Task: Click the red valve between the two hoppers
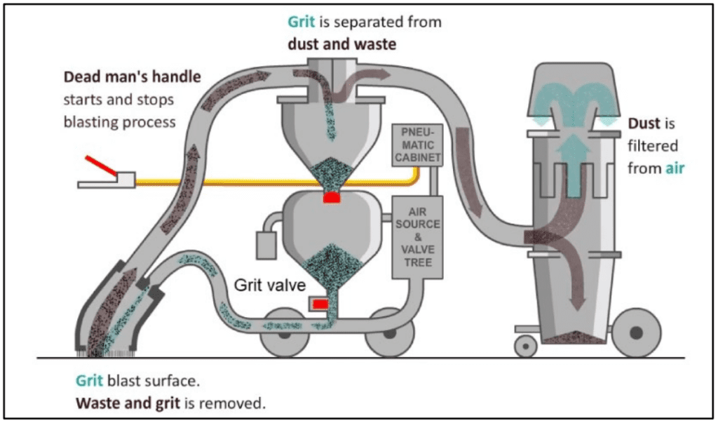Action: click(x=332, y=199)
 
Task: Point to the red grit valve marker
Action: click(x=320, y=304)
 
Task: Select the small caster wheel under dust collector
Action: click(x=524, y=347)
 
